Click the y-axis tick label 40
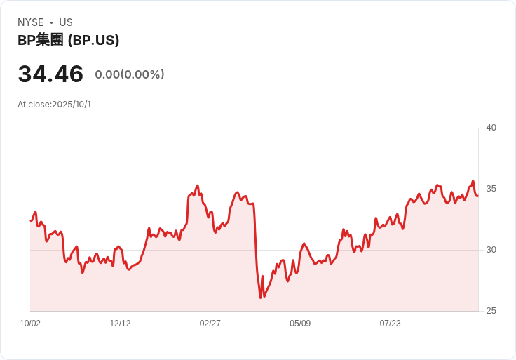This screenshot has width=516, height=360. pyautogui.click(x=491, y=128)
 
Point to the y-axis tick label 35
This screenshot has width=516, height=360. pyautogui.click(x=491, y=189)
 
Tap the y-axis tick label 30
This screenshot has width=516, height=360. pyautogui.click(x=491, y=250)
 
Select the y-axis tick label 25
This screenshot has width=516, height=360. pyautogui.click(x=491, y=311)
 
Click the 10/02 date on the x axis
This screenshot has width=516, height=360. pyautogui.click(x=30, y=324)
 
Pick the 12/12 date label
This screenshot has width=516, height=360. pyautogui.click(x=120, y=324)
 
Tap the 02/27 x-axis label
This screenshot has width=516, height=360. pyautogui.click(x=210, y=324)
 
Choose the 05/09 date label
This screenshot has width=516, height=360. pyautogui.click(x=300, y=324)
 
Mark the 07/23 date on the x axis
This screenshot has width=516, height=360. pyautogui.click(x=390, y=324)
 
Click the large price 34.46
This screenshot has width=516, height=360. pyautogui.click(x=50, y=74)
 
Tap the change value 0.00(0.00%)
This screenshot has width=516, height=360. pyautogui.click(x=130, y=74)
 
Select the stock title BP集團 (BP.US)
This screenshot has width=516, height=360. pyautogui.click(x=68, y=40)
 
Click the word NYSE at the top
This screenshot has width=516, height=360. pyautogui.click(x=30, y=22)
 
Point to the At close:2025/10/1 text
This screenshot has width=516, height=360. pyautogui.click(x=54, y=105)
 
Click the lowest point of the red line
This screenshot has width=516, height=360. pyautogui.click(x=261, y=298)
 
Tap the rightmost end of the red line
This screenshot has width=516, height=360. pyautogui.click(x=477, y=196)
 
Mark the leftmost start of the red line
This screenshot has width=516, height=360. pyautogui.click(x=31, y=220)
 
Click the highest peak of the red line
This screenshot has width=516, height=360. pyautogui.click(x=473, y=181)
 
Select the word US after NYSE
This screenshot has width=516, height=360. pyautogui.click(x=66, y=22)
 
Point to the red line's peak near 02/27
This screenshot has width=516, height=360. pyautogui.click(x=198, y=186)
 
